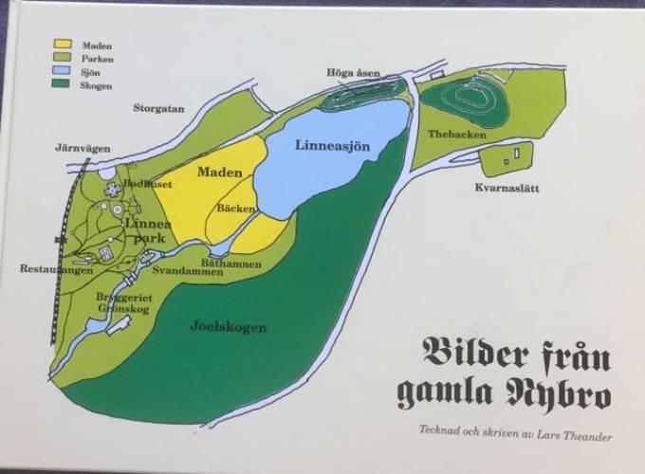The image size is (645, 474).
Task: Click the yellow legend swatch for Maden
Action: (64, 45)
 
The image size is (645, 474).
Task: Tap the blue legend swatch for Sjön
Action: (64, 72)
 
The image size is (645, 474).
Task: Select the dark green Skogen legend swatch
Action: (64, 85)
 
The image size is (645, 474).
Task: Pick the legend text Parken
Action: (98, 59)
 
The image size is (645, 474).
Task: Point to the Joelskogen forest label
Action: (229, 328)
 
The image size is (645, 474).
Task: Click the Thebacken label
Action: (451, 135)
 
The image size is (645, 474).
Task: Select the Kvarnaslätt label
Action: (507, 188)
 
